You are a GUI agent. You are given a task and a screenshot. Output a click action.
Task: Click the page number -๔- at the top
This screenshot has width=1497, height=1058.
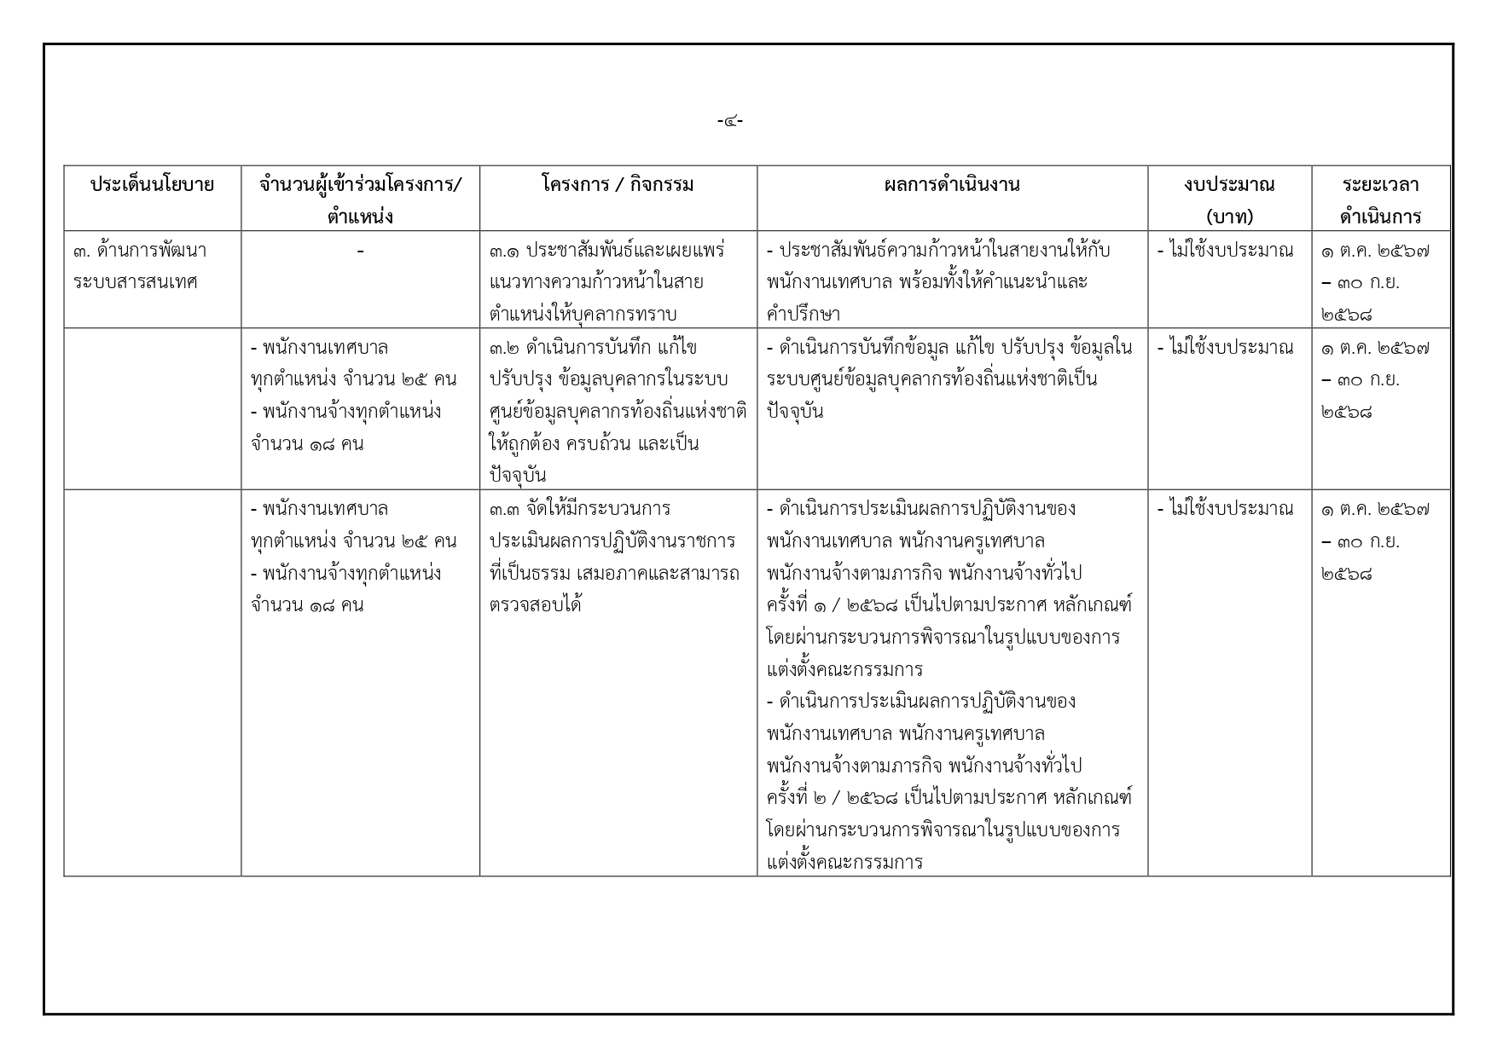click(730, 121)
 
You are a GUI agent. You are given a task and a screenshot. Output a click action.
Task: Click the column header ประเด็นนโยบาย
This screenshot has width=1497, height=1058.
click(152, 184)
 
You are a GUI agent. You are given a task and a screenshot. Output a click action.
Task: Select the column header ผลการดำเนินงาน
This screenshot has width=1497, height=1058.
click(952, 184)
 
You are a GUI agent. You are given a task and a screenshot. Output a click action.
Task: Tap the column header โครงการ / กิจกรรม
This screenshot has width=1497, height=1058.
click(618, 184)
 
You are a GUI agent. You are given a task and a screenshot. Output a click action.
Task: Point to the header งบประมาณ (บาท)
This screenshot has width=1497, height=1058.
click(1229, 199)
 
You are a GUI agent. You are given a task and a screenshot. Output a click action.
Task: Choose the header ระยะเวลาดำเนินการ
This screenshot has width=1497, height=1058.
click(1380, 199)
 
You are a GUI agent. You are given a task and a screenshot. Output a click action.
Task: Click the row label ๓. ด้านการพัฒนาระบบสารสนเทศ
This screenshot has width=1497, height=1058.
click(140, 265)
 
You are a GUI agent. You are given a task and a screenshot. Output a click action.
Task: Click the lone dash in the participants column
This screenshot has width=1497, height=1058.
click(361, 251)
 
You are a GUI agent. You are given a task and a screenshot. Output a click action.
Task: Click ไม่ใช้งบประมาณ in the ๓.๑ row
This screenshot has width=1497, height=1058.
click(1225, 251)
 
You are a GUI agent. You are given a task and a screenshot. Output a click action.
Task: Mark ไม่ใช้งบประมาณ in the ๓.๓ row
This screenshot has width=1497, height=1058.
click(1225, 509)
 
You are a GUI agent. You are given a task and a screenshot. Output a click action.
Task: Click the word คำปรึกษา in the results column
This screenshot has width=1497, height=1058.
click(803, 314)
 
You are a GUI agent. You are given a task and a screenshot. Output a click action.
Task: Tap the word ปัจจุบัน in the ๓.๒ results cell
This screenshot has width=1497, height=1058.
click(795, 411)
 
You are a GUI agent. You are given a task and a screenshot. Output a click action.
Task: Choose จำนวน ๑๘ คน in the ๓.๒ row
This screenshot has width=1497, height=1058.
click(308, 444)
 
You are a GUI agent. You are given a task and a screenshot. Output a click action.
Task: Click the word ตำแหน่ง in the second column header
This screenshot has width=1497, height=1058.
click(360, 217)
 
